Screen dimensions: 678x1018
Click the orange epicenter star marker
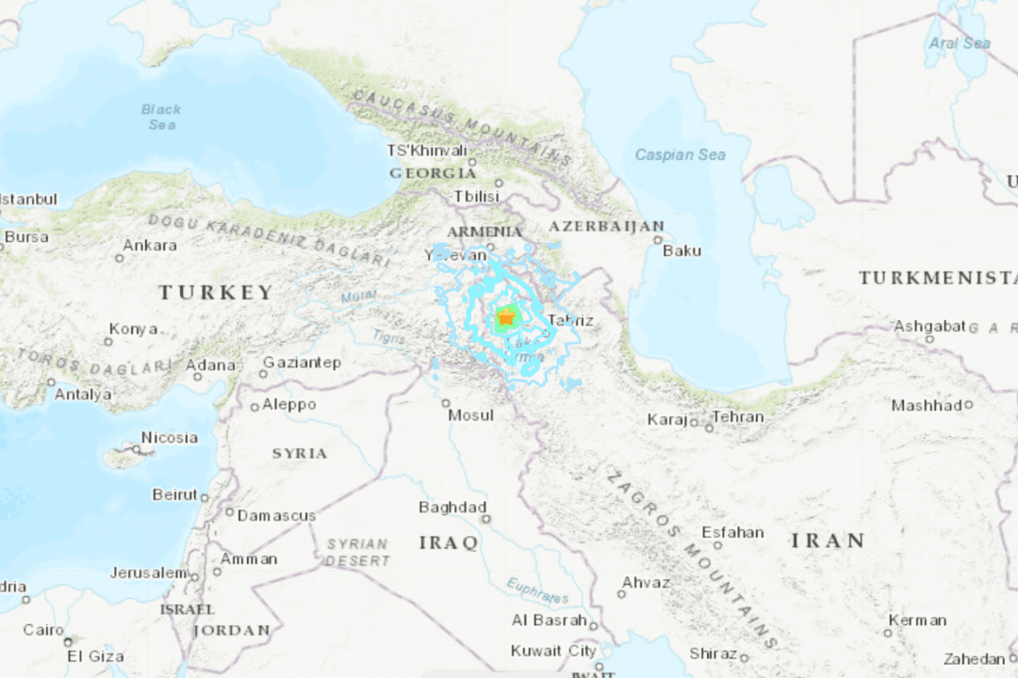click(x=506, y=320)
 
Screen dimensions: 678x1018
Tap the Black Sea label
click(x=161, y=117)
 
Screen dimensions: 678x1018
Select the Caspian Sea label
click(x=681, y=154)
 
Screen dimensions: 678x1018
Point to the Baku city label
click(x=681, y=250)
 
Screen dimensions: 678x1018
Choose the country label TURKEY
click(x=216, y=293)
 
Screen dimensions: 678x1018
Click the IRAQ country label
click(x=449, y=543)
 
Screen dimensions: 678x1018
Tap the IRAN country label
click(x=828, y=541)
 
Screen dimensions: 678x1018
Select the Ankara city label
click(x=149, y=245)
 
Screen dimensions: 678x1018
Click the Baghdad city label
click(x=452, y=508)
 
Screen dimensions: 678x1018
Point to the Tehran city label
click(x=738, y=417)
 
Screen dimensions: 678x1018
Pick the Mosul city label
click(x=470, y=415)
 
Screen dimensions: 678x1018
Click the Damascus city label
click(x=276, y=515)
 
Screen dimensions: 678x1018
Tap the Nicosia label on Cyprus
click(x=170, y=437)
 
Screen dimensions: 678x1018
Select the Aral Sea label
click(x=960, y=43)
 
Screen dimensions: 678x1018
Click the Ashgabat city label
click(x=929, y=326)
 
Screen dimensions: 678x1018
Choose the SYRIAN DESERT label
click(x=357, y=552)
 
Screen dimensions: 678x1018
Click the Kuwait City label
click(x=553, y=651)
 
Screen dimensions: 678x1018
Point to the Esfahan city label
click(x=732, y=532)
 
